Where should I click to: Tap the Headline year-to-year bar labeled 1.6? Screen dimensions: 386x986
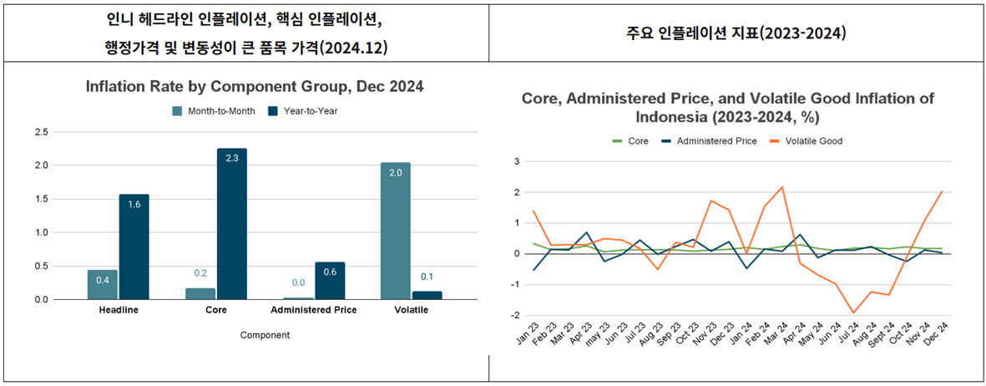click(x=134, y=246)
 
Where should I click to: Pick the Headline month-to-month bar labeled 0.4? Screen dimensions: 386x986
click(x=103, y=284)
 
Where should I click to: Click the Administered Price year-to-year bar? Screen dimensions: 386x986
click(x=330, y=281)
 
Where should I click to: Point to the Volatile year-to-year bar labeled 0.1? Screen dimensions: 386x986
click(x=427, y=295)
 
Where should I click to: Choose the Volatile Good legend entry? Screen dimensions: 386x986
click(x=807, y=141)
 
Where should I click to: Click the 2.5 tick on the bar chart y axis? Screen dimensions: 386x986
click(x=41, y=132)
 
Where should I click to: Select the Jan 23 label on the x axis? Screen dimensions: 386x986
click(x=527, y=338)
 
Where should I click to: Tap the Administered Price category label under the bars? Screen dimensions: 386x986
click(x=314, y=310)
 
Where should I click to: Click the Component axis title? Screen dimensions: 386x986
click(x=265, y=335)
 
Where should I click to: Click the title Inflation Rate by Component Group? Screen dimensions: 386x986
click(x=255, y=87)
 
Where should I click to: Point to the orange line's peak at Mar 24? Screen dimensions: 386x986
click(x=782, y=187)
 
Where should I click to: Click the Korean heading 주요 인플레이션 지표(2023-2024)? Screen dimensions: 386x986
click(x=736, y=34)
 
